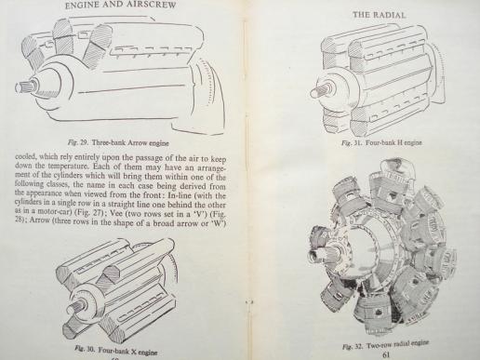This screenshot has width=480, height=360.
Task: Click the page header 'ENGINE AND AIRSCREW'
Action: tap(120, 5)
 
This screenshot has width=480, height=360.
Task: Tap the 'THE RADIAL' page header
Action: tap(379, 15)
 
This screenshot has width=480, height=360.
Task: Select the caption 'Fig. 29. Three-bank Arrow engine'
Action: tap(118, 143)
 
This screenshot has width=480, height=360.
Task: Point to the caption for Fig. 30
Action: tap(116, 351)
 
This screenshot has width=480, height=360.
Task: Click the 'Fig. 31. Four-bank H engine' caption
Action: tap(381, 142)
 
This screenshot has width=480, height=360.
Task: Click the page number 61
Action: tap(386, 354)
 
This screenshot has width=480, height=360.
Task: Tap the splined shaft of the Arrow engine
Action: tap(26, 87)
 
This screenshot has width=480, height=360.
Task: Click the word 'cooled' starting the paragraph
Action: tap(26, 156)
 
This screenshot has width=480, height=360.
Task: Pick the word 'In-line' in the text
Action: tap(180, 196)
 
